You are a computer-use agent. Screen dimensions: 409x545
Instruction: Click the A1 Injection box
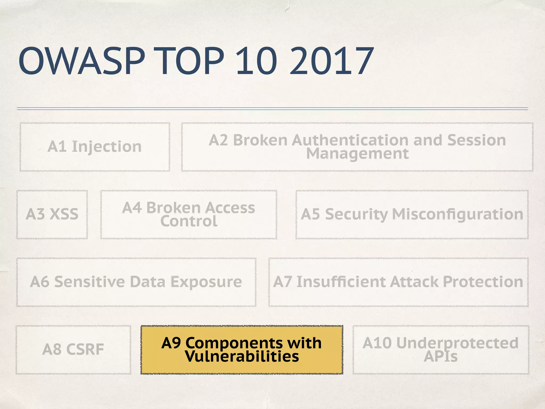94,146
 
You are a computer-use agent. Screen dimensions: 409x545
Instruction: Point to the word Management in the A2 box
357,154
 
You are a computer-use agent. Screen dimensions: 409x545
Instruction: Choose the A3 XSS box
52,214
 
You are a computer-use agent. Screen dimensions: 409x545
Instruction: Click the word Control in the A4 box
189,221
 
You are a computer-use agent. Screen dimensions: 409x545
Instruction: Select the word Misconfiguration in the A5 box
457,214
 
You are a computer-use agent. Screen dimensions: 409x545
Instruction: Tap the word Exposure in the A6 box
206,282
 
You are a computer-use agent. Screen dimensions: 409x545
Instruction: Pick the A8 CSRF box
73,349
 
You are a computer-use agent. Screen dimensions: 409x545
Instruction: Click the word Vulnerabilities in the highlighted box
242,356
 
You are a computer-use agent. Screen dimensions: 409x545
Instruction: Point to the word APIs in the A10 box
441,356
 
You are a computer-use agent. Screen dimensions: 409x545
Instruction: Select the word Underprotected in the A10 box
457,343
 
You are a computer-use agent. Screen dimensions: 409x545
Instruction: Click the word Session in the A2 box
476,140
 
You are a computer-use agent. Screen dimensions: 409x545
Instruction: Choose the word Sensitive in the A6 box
89,282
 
